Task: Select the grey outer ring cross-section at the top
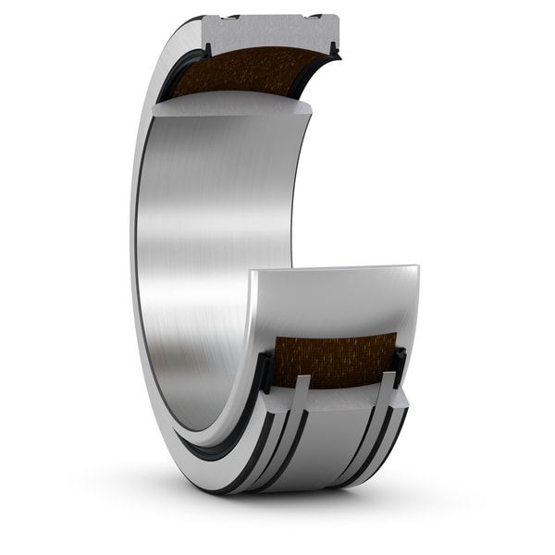tap(268, 31)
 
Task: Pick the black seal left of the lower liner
tap(265, 370)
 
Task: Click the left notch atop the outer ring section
tap(230, 17)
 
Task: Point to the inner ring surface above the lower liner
tap(342, 305)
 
